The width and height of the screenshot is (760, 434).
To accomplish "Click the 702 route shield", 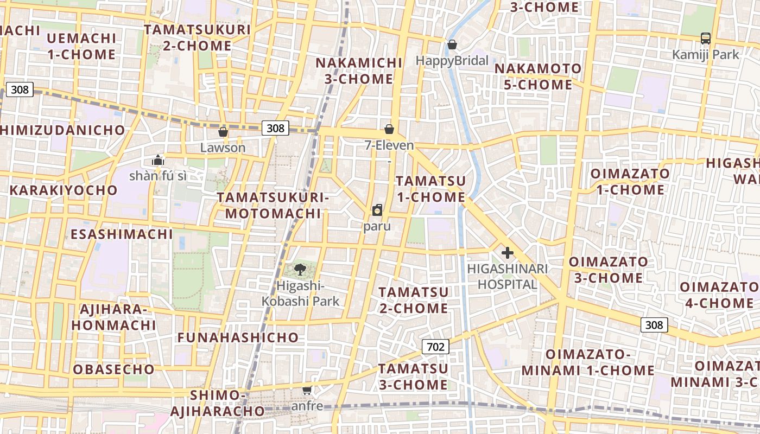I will tap(435, 347).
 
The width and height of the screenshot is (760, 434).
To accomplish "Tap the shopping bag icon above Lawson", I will tap(223, 132).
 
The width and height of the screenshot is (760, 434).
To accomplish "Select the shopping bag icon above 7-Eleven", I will tap(389, 129).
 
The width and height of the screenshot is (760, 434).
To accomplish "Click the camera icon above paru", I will tap(377, 210).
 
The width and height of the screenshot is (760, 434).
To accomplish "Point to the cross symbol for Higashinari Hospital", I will tap(508, 253).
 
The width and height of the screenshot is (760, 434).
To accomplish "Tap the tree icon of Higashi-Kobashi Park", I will tap(299, 269).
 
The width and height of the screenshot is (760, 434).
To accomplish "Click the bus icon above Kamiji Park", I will tap(705, 39).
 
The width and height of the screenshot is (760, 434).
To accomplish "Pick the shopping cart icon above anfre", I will tap(307, 390).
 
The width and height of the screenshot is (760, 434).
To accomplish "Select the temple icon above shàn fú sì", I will tap(158, 160).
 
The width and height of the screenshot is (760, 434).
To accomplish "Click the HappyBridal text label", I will tap(452, 60).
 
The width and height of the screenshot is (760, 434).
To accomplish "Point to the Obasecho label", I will tap(114, 369).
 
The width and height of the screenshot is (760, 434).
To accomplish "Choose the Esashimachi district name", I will tap(122, 234).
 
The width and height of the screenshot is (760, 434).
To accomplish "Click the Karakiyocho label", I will tap(64, 190).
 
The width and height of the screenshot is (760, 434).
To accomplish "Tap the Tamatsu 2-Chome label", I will tap(414, 300).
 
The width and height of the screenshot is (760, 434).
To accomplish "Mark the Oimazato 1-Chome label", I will tap(630, 182).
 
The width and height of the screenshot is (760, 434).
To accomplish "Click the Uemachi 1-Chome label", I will tap(81, 46).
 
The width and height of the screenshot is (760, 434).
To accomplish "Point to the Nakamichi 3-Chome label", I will tap(359, 71).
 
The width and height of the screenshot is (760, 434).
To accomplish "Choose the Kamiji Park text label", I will tap(706, 55).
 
